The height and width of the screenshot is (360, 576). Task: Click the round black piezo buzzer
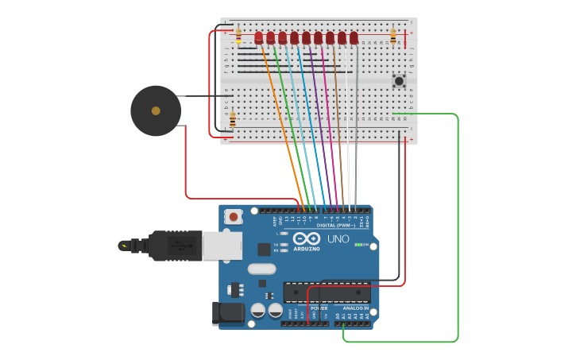[156, 110]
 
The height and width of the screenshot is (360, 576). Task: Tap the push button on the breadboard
[399, 80]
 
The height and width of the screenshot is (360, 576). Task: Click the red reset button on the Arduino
[234, 216]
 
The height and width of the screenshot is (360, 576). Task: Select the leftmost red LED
[258, 37]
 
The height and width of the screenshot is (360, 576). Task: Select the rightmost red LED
[354, 37]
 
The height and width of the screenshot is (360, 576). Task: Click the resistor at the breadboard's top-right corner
[392, 36]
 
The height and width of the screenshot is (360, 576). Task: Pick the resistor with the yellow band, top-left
[238, 35]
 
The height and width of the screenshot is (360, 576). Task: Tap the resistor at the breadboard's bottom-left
[233, 119]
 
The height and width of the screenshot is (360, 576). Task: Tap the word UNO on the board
[338, 238]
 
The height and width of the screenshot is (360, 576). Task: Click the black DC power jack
[228, 312]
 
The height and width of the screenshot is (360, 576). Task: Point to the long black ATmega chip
[327, 292]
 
